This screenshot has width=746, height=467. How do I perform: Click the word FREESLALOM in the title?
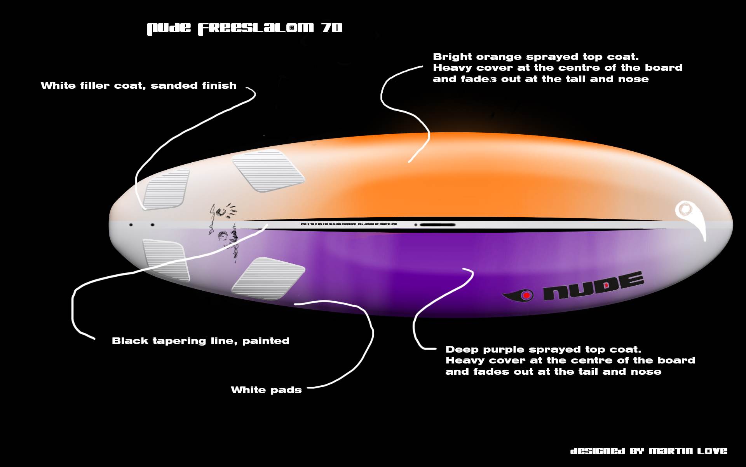coord(256,28)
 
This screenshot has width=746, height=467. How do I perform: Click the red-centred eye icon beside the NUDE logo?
coord(525,295)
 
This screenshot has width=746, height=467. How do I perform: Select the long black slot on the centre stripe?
coord(437,225)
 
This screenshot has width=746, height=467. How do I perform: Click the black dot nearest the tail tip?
coord(131,225)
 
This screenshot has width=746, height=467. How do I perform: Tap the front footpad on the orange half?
coord(268,170)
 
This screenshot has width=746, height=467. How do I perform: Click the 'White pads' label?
coord(266,390)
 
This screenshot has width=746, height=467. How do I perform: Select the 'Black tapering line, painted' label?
coord(200,341)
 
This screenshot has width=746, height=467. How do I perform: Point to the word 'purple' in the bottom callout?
coord(505,349)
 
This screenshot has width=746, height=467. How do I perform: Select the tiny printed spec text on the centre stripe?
coord(349,225)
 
